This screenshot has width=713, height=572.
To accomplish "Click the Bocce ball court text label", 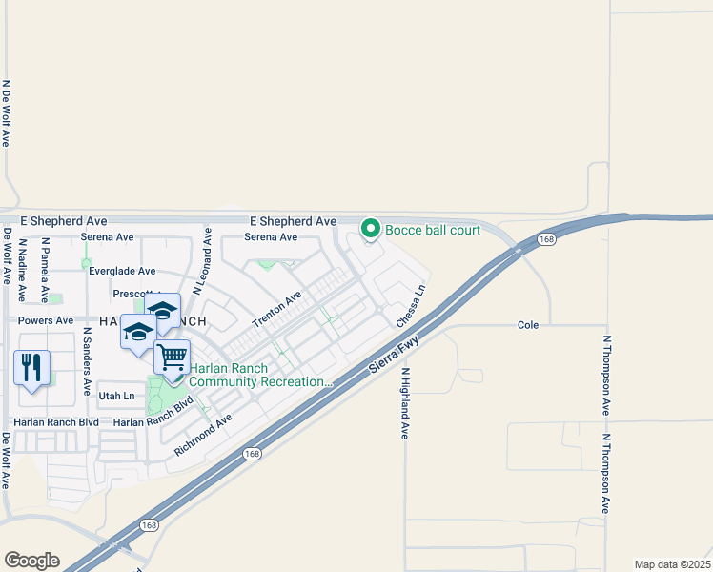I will click(427, 229).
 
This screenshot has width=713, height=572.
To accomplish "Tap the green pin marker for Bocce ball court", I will click(370, 229).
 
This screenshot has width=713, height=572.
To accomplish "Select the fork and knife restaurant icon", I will click(31, 367).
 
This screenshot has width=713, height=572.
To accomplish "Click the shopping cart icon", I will click(172, 357).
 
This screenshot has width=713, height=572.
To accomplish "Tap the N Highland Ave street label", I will click(404, 403).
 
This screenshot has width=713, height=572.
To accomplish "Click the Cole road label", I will click(528, 325).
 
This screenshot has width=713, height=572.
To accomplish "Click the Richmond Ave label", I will click(204, 434).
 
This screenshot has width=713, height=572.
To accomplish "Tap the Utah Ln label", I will click(116, 395).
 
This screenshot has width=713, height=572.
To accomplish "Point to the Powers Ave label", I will click(46, 321).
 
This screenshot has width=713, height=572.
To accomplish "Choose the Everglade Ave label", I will click(122, 272).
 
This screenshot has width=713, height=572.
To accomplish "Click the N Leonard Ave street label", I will click(201, 259).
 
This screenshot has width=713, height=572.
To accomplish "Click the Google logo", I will click(31, 561).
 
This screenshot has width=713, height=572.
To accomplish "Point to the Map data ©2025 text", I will click(671, 564).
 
